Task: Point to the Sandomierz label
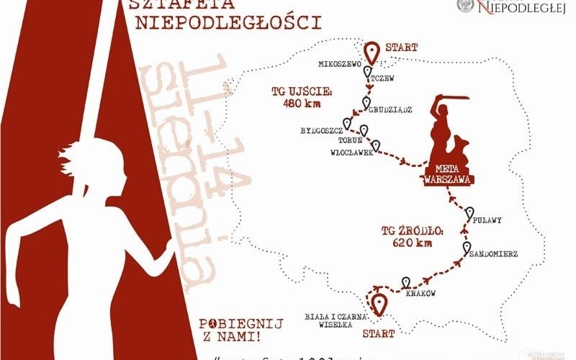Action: [492, 254]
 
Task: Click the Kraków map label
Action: [420, 294]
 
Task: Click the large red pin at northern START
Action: [372, 53]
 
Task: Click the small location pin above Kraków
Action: [406, 282]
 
